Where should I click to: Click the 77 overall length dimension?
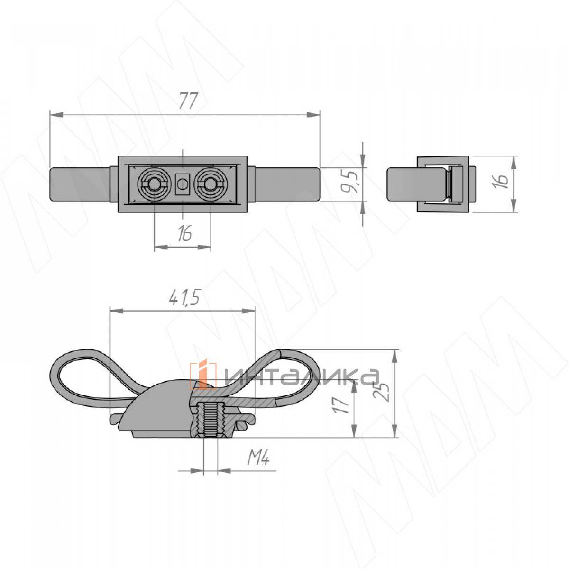188,101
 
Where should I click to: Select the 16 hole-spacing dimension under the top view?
185,233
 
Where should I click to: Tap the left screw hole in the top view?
154,185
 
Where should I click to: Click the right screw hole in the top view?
210,185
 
